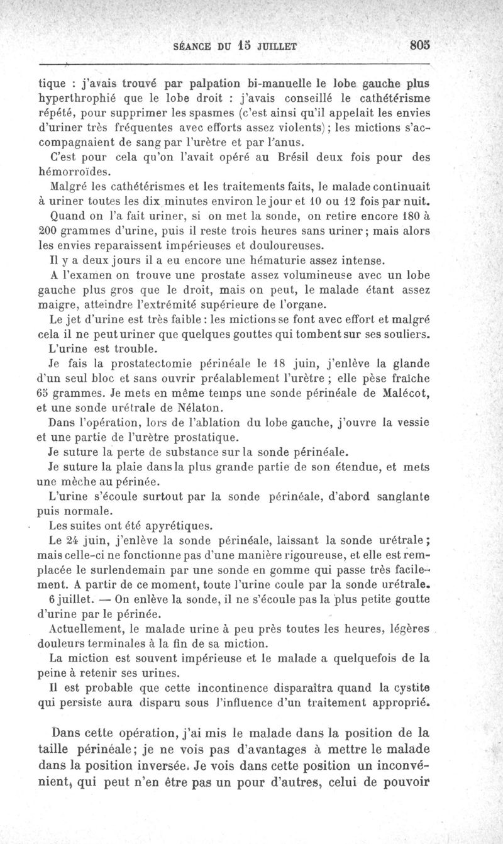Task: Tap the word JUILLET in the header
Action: (x=275, y=45)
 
